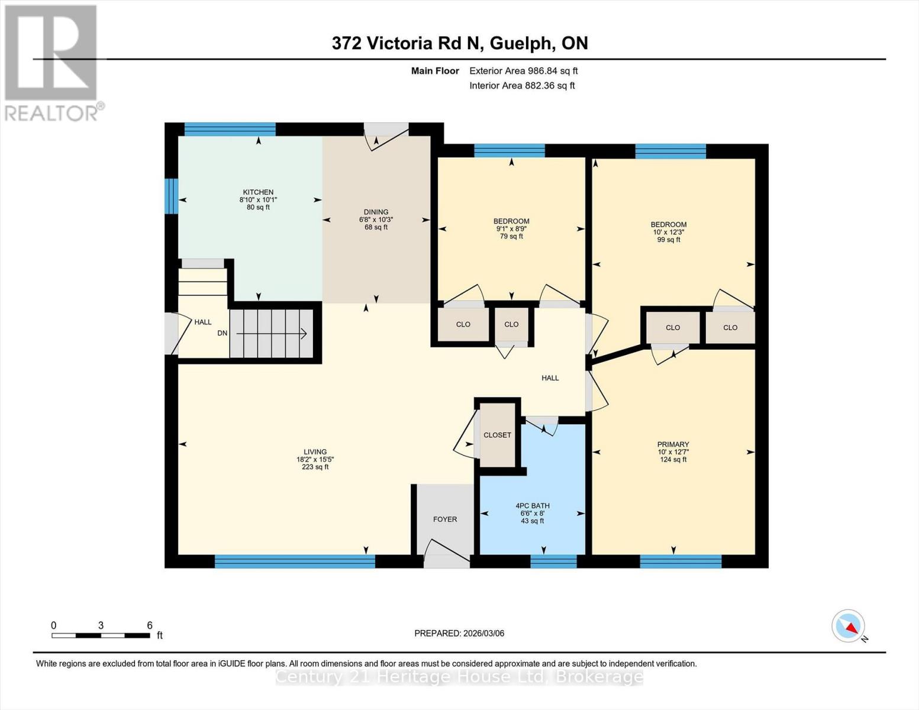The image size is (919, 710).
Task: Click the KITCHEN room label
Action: [x=258, y=192]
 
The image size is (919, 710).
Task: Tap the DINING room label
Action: [x=376, y=212]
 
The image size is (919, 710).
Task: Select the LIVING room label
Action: [x=315, y=452]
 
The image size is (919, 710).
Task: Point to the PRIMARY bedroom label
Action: [x=673, y=444]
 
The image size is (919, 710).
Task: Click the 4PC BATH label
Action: [x=533, y=506]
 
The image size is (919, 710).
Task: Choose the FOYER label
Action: [x=445, y=519]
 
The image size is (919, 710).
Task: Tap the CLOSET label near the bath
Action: [x=497, y=435]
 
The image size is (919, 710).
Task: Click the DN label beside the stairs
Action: [x=223, y=333]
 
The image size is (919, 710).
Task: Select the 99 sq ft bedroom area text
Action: [x=669, y=240]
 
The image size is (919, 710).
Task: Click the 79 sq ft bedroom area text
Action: [x=511, y=237]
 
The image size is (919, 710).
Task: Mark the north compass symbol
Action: [x=849, y=626]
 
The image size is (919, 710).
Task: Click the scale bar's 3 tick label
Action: [x=101, y=625]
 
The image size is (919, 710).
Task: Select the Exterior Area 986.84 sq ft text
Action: [x=523, y=71]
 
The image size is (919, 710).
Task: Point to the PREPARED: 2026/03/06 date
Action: [x=459, y=633]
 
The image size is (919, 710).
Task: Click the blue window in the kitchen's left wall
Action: [x=171, y=196]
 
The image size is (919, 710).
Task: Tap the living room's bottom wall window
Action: [x=295, y=561]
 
